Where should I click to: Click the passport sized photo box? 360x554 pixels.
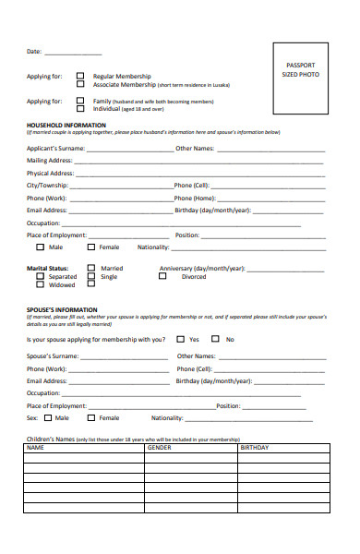click(x=300, y=81)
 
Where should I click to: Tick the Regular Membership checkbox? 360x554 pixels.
click(x=80, y=76)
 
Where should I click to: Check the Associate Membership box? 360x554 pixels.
click(x=80, y=84)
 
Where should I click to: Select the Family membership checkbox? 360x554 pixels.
click(x=80, y=100)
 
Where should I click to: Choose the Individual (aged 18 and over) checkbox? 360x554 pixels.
click(x=80, y=108)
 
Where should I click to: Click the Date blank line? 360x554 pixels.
click(x=73, y=53)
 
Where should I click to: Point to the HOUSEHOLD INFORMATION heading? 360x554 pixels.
click(x=66, y=125)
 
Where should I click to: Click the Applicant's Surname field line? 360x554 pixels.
click(x=126, y=149)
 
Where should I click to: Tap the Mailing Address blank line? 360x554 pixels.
click(x=198, y=162)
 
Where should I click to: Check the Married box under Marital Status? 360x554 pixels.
click(x=90, y=269)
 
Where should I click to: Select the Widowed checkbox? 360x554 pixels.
click(x=40, y=285)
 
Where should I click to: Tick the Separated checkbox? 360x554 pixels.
click(x=40, y=277)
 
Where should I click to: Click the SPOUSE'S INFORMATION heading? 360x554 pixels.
click(x=64, y=309)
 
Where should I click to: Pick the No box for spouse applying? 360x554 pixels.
click(x=216, y=339)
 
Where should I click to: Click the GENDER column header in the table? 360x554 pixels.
click(x=159, y=448)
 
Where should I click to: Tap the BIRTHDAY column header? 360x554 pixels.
click(x=254, y=448)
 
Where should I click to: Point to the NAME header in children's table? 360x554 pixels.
click(x=36, y=448)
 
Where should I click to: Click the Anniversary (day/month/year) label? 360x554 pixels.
click(x=201, y=269)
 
